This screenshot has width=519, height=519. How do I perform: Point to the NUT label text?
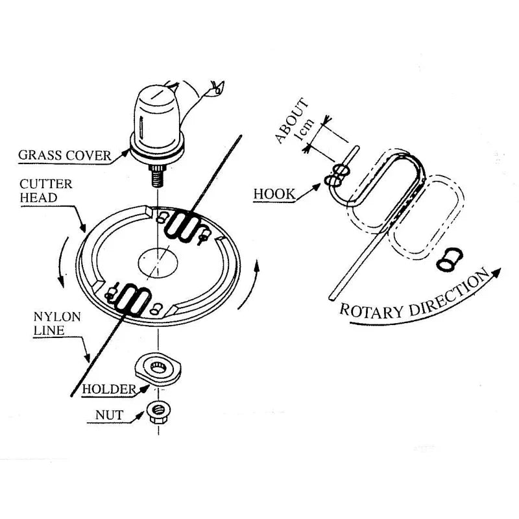110,415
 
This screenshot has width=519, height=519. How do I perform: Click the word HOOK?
274,193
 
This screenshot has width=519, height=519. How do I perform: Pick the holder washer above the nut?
159,372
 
